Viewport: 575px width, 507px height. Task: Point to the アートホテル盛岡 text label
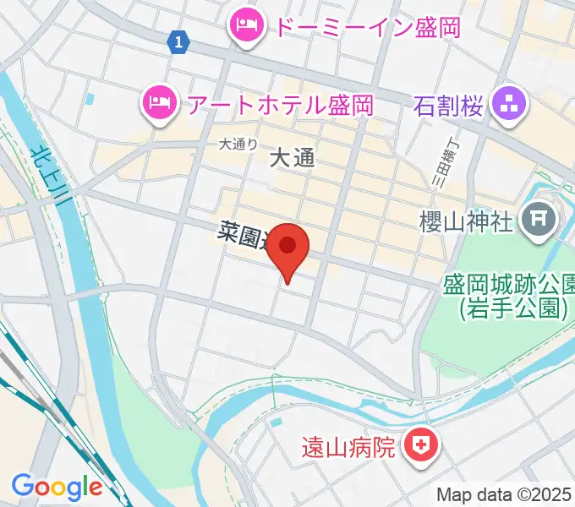(x=280, y=105)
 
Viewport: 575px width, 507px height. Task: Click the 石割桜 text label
(x=448, y=106)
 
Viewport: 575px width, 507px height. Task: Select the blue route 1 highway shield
(x=178, y=41)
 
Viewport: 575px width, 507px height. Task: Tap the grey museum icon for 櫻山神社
(x=539, y=222)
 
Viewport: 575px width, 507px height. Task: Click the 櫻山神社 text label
(x=466, y=222)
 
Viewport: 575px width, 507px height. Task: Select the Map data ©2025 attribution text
(x=504, y=494)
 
